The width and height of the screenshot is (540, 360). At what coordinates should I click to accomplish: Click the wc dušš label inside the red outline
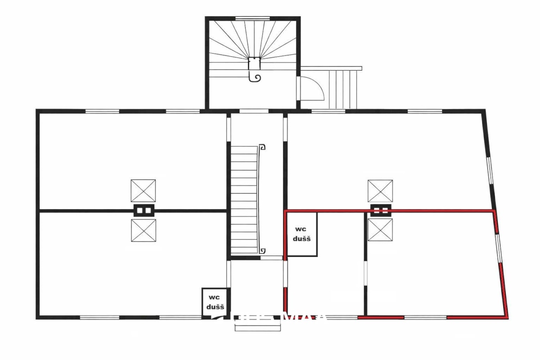click(301, 234)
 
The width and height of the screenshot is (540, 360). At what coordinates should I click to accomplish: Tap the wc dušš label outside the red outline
click(216, 302)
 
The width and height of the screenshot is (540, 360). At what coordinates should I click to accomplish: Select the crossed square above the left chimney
click(143, 191)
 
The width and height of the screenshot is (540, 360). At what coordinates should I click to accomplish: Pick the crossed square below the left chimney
click(144, 230)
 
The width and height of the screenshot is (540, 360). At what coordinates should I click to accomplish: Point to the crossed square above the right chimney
click(380, 191)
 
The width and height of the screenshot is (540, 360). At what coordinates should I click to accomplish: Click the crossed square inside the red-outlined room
click(380, 230)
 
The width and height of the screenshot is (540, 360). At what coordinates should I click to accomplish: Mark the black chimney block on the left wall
click(144, 210)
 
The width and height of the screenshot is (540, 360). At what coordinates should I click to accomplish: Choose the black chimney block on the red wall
click(381, 210)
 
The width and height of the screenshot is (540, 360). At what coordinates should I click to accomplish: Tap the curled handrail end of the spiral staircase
click(256, 78)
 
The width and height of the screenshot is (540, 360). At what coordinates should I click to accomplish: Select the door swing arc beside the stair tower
click(313, 88)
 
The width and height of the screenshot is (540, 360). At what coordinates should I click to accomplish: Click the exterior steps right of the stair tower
click(344, 88)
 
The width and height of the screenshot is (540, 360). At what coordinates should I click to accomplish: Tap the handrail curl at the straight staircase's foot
click(263, 251)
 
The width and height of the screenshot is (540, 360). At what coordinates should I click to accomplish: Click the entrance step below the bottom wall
click(257, 328)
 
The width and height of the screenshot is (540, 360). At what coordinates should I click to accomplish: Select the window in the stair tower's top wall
click(252, 18)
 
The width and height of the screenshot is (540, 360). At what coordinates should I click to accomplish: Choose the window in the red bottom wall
click(425, 317)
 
